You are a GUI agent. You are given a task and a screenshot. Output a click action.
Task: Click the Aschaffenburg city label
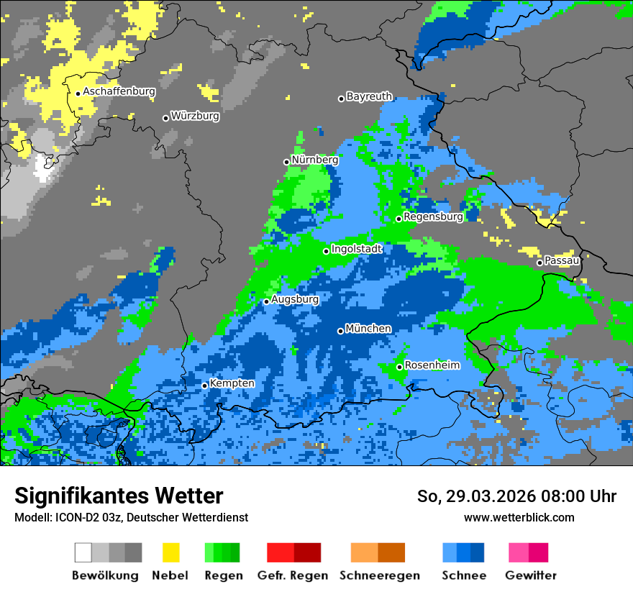click(x=119, y=92)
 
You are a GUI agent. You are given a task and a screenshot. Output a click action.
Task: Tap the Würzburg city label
click(x=195, y=116)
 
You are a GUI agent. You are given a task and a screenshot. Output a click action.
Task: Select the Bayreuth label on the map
click(x=369, y=96)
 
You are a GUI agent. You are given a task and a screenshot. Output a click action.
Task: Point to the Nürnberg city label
click(x=314, y=160)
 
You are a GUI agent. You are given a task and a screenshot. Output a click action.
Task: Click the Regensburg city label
click(x=433, y=217)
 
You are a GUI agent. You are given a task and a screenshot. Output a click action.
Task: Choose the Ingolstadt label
click(x=357, y=249)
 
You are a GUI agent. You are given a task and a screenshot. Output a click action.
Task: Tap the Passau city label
click(x=562, y=260)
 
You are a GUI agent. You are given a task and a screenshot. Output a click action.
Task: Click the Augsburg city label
click(x=295, y=299)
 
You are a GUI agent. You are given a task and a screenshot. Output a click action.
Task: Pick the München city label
click(x=368, y=329)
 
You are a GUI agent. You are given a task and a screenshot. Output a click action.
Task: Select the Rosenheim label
click(x=432, y=365)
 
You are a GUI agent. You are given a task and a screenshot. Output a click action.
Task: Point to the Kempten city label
click(x=232, y=383)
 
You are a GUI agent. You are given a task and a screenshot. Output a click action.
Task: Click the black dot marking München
click(x=340, y=331)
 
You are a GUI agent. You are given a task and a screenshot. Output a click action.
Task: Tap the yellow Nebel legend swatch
click(x=170, y=552)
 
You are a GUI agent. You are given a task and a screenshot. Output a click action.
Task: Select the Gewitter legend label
click(x=530, y=575)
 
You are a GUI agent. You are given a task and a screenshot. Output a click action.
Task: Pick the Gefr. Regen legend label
click(x=292, y=575)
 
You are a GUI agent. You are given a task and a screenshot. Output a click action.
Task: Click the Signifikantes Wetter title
click(x=119, y=496)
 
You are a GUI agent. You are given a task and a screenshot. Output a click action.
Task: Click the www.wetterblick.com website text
click(x=519, y=517)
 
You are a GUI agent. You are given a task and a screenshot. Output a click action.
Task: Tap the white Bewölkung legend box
click(x=83, y=552)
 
